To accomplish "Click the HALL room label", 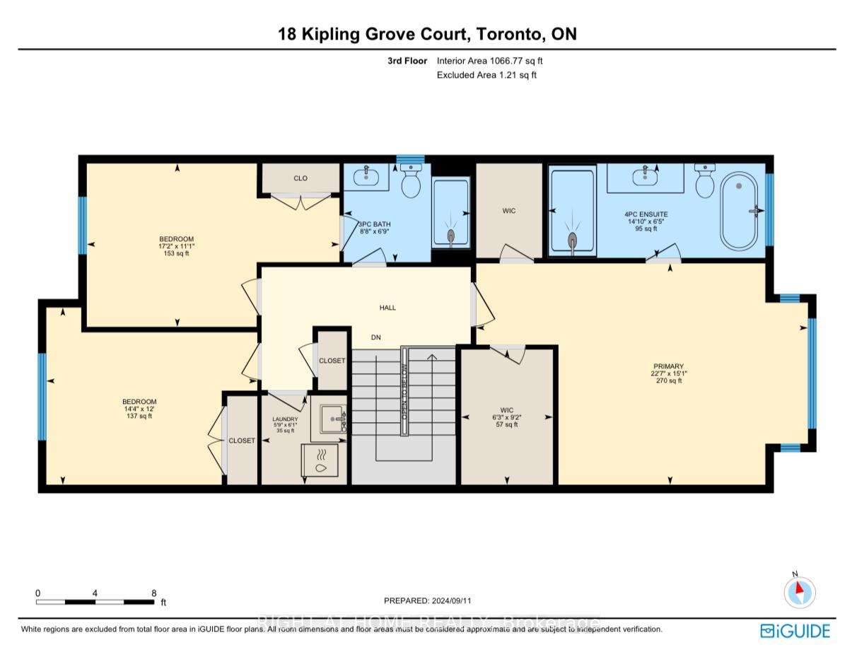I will (x=387, y=308).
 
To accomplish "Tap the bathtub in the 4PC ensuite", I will (x=740, y=211).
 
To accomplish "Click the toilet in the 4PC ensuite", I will (x=705, y=182).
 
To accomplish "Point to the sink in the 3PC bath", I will (x=366, y=177).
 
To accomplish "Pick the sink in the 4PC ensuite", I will (x=646, y=178).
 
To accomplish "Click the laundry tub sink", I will (x=330, y=419).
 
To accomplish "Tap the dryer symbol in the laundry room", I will (x=322, y=461).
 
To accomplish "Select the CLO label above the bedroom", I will (x=301, y=178).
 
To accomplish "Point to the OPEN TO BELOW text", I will (x=405, y=390).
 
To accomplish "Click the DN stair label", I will (x=376, y=337).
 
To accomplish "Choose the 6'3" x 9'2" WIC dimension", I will (x=507, y=417).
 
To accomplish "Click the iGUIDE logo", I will (x=795, y=631).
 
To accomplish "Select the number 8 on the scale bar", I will (x=153, y=593).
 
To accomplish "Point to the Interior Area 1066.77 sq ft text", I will (x=489, y=62).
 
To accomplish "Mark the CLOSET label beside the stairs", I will (x=332, y=361).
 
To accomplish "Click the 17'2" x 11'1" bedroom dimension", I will (x=176, y=246).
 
